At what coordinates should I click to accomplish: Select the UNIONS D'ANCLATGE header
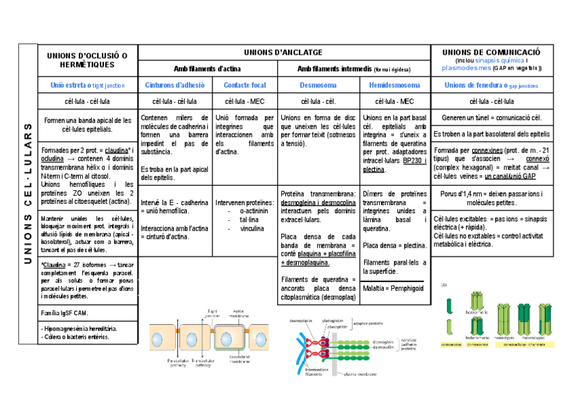[x=283, y=52]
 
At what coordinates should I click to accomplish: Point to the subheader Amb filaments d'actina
[x=207, y=68]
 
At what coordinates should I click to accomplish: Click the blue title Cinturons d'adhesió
[x=175, y=85]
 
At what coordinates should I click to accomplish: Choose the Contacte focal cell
[x=244, y=85]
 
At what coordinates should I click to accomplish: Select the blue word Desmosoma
[x=318, y=85]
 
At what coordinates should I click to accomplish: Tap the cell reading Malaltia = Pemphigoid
[x=393, y=288]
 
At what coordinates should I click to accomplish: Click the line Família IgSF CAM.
[x=64, y=313]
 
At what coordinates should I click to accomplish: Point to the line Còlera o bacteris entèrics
[x=76, y=336]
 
